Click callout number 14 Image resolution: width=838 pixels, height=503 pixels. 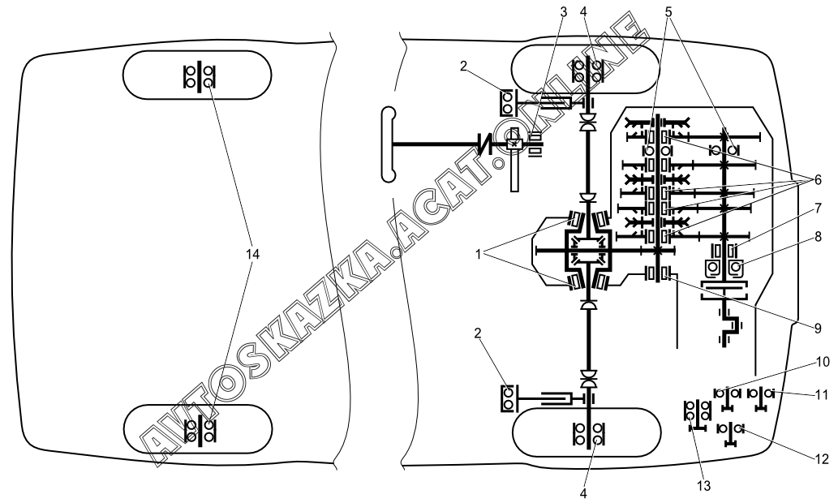(252, 255)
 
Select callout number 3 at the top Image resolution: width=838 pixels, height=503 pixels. (563, 11)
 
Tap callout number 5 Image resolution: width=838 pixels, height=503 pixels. (668, 11)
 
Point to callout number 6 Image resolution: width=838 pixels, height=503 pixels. (818, 180)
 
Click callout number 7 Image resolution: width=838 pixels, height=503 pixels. (818, 209)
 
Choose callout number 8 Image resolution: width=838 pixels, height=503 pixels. (818, 236)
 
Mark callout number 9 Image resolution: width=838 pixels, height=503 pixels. (818, 329)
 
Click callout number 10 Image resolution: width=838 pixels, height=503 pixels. (823, 362)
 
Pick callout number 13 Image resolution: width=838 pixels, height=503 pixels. (704, 485)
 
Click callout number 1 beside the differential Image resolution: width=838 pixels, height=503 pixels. (479, 255)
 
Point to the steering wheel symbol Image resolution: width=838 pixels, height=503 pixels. (389, 144)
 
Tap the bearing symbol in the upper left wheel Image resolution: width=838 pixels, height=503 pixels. (199, 77)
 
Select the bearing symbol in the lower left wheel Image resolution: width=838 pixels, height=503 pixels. (200, 431)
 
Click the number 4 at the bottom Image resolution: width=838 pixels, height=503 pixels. (583, 492)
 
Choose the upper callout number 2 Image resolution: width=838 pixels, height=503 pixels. (463, 67)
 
